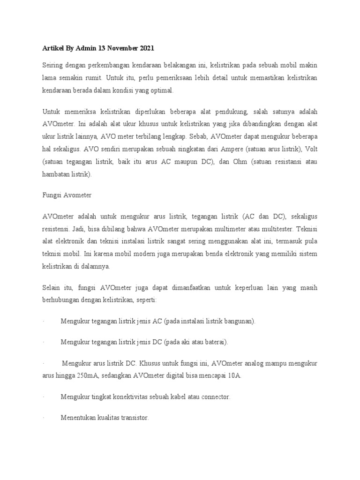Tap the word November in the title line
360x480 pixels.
[118, 48]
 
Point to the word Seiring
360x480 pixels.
[52, 64]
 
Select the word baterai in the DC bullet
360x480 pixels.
[213, 342]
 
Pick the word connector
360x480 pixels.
[214, 397]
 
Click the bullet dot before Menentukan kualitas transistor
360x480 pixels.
[43, 418]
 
